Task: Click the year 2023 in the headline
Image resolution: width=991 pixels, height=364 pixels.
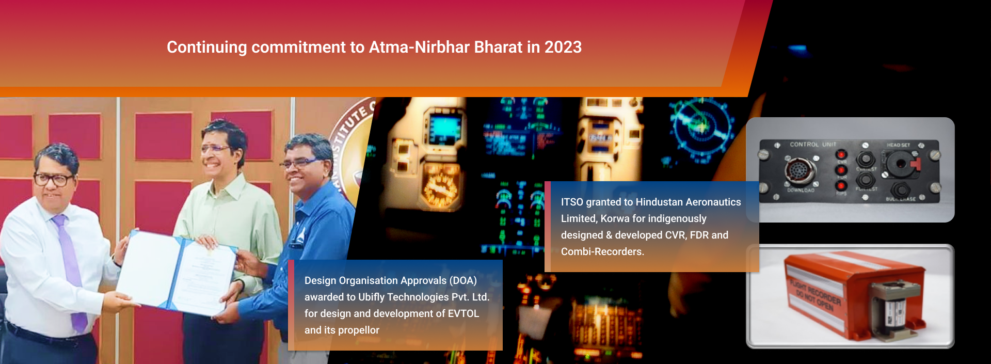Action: [563, 48]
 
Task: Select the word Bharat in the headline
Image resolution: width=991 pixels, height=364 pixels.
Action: [498, 48]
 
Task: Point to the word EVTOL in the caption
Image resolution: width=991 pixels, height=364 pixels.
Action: [463, 314]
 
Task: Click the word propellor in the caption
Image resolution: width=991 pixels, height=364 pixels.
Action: [359, 330]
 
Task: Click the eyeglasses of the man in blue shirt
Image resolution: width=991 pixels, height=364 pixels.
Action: [299, 163]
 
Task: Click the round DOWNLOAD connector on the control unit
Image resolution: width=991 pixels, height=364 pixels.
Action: [800, 171]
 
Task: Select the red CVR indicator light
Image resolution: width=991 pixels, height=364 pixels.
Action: [841, 154]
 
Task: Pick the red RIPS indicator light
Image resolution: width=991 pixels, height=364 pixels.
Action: [841, 185]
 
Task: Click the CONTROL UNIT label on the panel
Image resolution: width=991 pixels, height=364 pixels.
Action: [813, 145]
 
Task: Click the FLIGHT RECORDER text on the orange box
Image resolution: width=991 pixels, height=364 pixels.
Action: [816, 291]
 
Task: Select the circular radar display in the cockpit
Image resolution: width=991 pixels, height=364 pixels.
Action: [700, 124]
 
